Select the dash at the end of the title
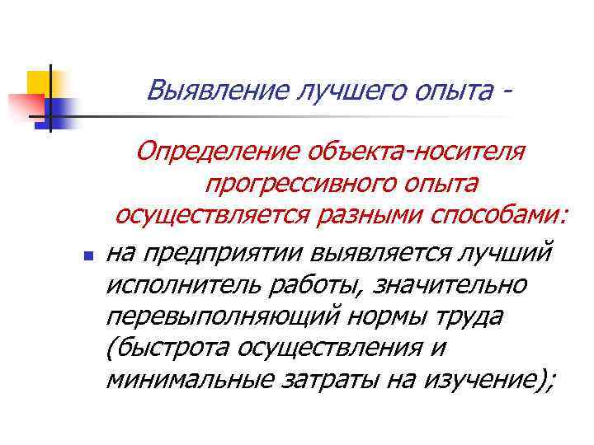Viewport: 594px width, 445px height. click(505, 89)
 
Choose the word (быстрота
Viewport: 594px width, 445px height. click(167, 347)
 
